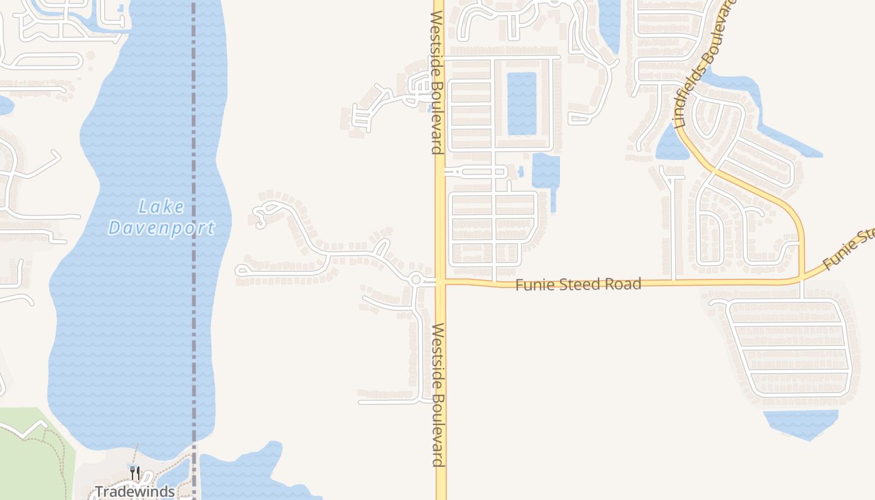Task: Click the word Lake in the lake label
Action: coord(161,206)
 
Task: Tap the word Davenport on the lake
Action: coord(161,228)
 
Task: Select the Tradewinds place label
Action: coord(134,492)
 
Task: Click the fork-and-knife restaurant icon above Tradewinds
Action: coord(135,472)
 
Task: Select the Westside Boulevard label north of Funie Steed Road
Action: coord(436,81)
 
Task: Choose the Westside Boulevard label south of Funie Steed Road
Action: coord(438,394)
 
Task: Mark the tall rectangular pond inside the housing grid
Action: coord(521,104)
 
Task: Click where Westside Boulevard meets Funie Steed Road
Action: coord(441,282)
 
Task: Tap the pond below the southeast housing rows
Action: coord(800,423)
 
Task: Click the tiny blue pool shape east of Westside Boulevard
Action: coord(521,170)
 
